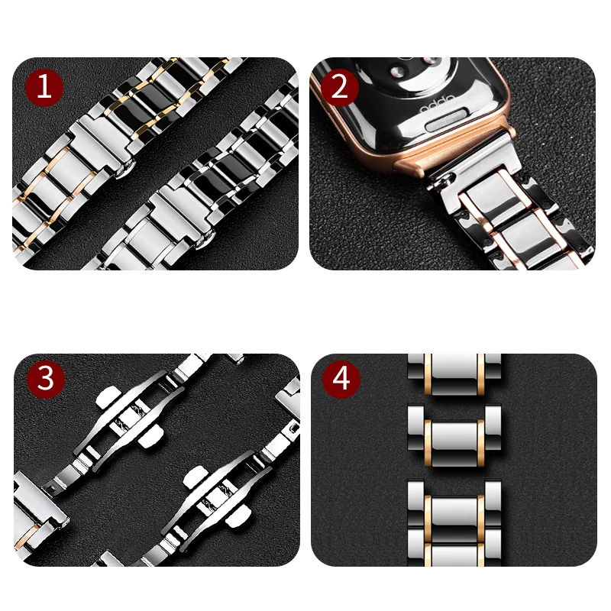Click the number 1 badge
coord(44,86)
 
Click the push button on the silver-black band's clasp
coord(201,243)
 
